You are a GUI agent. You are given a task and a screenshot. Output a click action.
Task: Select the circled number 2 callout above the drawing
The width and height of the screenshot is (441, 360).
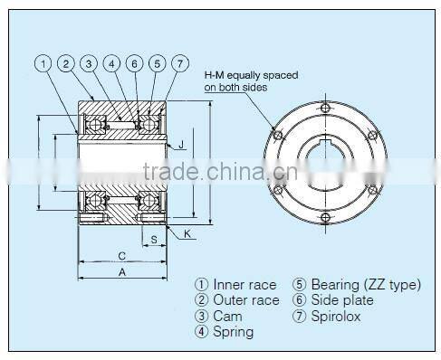(x=66, y=63)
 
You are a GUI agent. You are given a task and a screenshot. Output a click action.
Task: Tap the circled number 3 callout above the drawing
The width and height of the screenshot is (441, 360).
(x=89, y=63)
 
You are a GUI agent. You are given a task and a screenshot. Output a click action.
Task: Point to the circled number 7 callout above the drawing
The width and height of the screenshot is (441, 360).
(x=181, y=63)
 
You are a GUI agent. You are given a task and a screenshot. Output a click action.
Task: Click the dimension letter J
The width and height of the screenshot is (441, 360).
(x=181, y=144)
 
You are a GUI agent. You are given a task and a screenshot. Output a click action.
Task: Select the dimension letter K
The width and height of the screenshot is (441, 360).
(x=187, y=233)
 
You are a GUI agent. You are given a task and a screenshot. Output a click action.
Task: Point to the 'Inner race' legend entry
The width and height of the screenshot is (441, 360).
(x=236, y=285)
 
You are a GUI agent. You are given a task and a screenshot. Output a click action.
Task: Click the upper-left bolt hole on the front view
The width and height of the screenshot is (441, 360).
(x=278, y=136)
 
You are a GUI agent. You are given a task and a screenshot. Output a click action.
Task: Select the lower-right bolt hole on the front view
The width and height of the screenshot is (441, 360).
(x=371, y=191)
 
